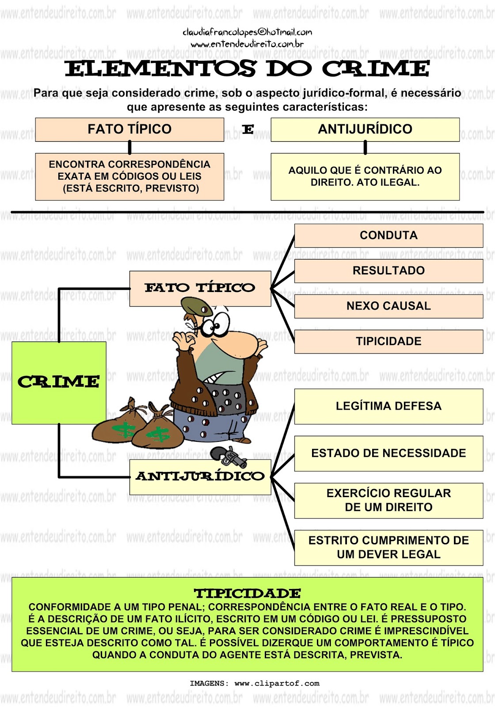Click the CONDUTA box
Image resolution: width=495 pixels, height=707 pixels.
388,236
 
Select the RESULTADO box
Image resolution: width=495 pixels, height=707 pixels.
388,271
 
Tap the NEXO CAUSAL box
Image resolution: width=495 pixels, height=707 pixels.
388,306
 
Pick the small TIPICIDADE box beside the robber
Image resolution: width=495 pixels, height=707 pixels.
388,342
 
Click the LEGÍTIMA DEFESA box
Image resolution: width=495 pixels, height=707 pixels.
388,407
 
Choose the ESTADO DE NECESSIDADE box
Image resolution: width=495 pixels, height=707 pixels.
388,453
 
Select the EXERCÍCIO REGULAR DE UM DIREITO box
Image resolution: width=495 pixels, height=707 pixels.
388,501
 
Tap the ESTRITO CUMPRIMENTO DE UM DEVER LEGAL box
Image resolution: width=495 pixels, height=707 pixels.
388,547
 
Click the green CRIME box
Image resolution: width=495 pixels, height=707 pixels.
59,383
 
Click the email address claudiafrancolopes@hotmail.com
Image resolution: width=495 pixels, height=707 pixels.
247,32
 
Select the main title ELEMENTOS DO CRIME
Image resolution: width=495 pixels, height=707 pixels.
247,69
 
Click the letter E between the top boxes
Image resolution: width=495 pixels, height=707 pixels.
248,129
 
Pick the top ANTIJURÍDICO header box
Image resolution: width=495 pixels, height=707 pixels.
365,129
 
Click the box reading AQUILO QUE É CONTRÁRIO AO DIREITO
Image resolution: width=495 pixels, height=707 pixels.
365,177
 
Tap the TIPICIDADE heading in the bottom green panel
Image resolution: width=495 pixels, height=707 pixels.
247,593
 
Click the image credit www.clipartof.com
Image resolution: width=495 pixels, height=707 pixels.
277,684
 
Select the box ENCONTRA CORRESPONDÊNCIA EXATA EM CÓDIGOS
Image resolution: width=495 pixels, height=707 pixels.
129,177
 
